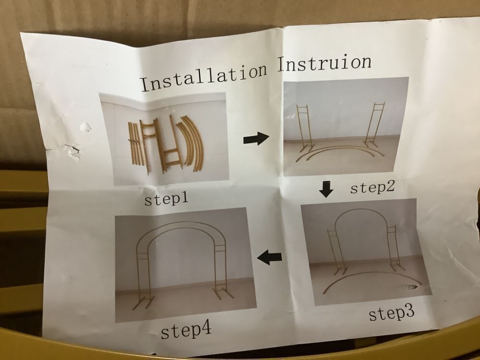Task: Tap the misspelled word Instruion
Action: (324, 63)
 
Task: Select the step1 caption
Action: (166, 199)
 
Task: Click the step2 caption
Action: (372, 187)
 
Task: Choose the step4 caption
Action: (186, 332)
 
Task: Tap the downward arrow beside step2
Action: (326, 189)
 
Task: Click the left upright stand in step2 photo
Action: (304, 128)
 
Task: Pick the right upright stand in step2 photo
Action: (374, 125)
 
